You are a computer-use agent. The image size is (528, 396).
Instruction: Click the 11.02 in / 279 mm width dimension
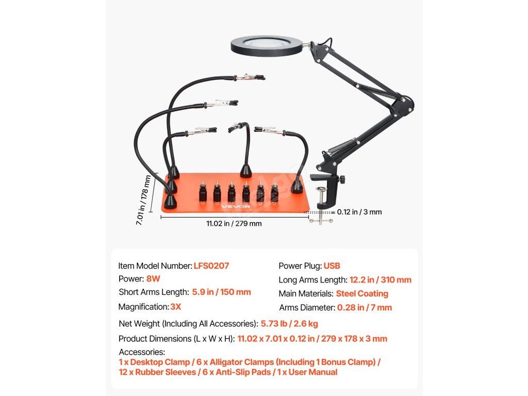[234, 224]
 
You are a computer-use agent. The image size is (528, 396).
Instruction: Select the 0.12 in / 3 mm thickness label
[359, 212]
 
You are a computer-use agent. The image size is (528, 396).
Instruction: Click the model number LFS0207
[211, 266]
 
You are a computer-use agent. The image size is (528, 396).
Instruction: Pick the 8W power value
[153, 279]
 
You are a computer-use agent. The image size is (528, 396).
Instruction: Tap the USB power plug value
[332, 266]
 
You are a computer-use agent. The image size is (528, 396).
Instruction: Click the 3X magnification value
[175, 307]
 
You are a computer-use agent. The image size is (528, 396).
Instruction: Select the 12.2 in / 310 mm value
[381, 280]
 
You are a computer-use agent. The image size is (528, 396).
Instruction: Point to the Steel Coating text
[362, 294]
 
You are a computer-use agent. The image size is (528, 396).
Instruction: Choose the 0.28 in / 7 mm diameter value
[365, 308]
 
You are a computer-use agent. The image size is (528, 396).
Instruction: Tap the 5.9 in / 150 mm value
[222, 292]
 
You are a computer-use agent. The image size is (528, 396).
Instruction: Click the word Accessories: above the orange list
[142, 352]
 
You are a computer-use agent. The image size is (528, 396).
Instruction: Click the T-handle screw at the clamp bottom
[320, 221]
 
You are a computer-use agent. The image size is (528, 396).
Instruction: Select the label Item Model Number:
[155, 266]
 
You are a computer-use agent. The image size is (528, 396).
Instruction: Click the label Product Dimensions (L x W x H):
[177, 339]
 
